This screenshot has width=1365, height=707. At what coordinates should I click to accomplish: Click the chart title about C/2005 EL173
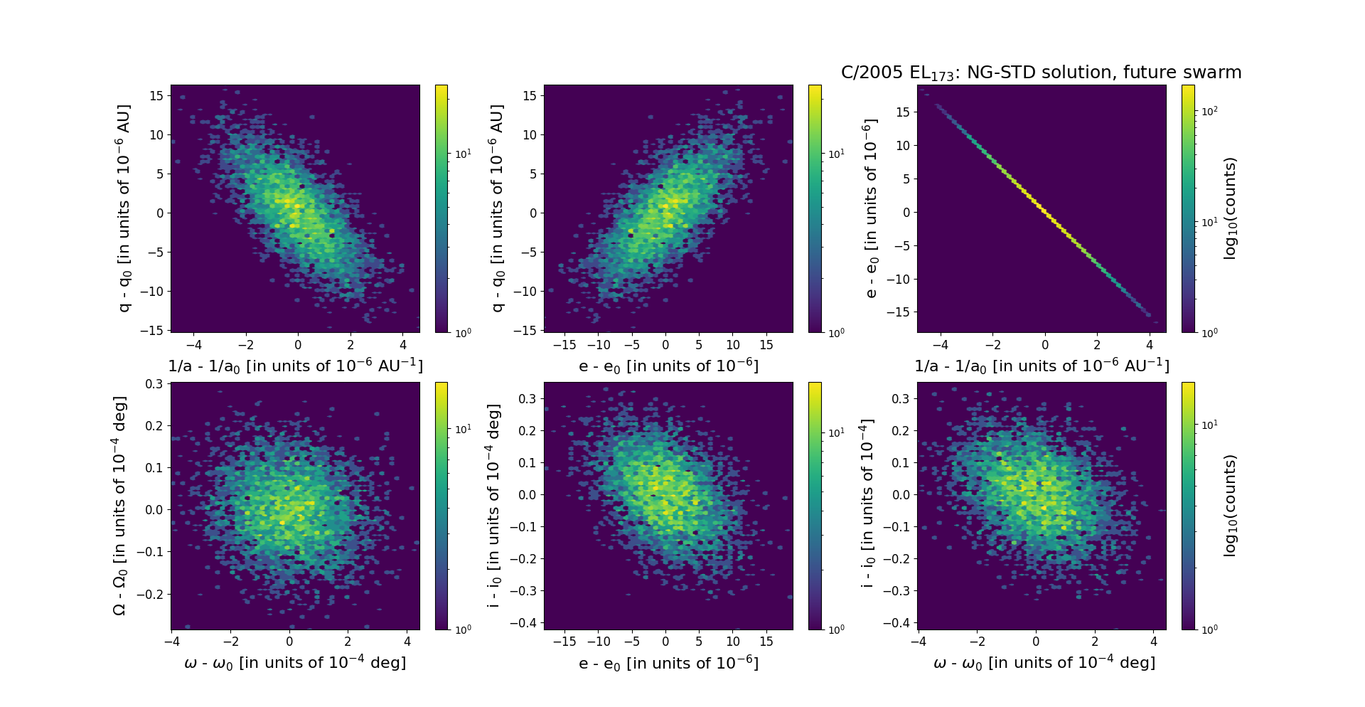1041,73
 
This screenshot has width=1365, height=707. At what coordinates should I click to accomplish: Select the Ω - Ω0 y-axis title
120,506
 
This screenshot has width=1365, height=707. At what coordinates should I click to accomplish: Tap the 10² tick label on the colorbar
1209,111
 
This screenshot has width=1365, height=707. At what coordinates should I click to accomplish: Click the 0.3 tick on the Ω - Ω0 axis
156,384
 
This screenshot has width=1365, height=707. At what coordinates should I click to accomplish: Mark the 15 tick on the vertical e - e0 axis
903,112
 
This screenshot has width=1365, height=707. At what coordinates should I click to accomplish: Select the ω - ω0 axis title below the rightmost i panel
1044,663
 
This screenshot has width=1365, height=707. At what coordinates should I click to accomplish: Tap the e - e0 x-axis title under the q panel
668,366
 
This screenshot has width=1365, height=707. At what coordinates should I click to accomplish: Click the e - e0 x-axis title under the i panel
668,664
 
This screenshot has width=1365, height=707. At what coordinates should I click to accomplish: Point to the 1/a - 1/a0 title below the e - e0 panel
1042,366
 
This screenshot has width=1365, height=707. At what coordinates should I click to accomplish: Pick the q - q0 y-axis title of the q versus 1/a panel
124,208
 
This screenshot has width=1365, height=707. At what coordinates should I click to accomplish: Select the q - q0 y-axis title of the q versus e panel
497,208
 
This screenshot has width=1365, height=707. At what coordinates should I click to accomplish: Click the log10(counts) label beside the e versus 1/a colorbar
1231,208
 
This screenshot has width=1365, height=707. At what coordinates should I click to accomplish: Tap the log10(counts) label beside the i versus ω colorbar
1231,505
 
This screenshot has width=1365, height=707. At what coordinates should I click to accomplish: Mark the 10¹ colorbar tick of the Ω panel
463,429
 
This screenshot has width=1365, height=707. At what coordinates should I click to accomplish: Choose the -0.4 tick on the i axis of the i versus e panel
525,623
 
